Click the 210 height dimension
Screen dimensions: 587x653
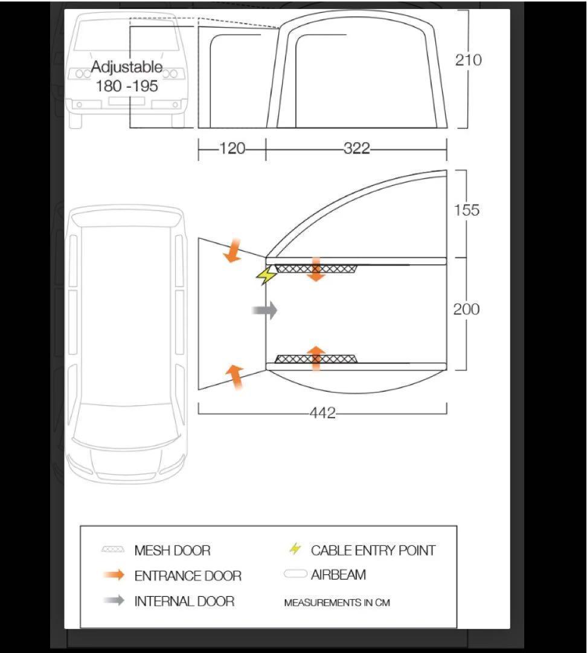coord(469,60)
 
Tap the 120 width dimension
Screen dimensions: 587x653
coord(232,148)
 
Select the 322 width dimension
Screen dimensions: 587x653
coord(357,148)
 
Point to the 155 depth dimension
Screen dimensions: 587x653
coord(466,210)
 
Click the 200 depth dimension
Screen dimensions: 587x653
coord(466,309)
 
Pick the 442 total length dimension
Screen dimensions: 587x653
coord(322,413)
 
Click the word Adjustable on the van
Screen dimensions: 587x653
coord(127,67)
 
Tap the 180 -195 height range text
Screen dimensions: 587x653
coord(127,86)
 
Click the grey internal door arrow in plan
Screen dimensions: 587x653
coord(265,310)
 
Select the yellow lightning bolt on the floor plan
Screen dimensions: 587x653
coord(267,275)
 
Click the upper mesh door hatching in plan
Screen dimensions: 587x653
coord(316,268)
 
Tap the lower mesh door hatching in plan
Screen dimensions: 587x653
coord(316,359)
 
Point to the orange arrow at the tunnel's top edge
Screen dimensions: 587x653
coord(233,251)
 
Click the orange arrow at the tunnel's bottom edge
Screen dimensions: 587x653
coord(235,377)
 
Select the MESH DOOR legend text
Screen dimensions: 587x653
coord(172,551)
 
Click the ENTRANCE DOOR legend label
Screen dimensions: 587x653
coord(188,576)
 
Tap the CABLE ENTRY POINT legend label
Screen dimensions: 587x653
coord(373,551)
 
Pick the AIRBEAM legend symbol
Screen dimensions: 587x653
coord(295,574)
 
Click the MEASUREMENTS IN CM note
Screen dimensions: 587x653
coord(337,603)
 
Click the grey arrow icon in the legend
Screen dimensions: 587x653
coord(114,600)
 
